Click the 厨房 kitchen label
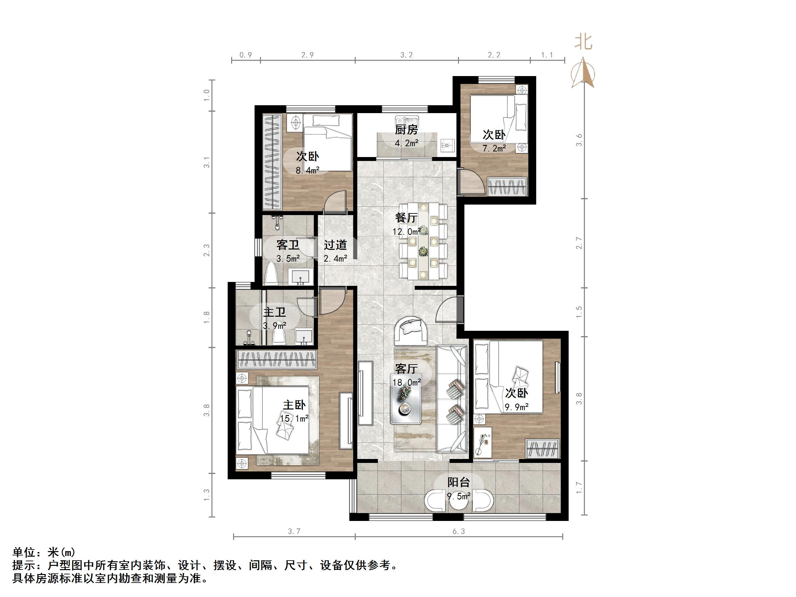[x=406, y=129]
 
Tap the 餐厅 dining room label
[x=406, y=217]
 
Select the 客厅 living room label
[x=406, y=368]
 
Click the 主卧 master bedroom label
[x=294, y=405]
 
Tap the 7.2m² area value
[x=494, y=148]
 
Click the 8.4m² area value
[x=307, y=170]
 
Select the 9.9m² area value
[x=517, y=407]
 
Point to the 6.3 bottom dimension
[x=459, y=531]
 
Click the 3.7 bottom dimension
[x=294, y=531]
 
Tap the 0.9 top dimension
[x=246, y=55]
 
